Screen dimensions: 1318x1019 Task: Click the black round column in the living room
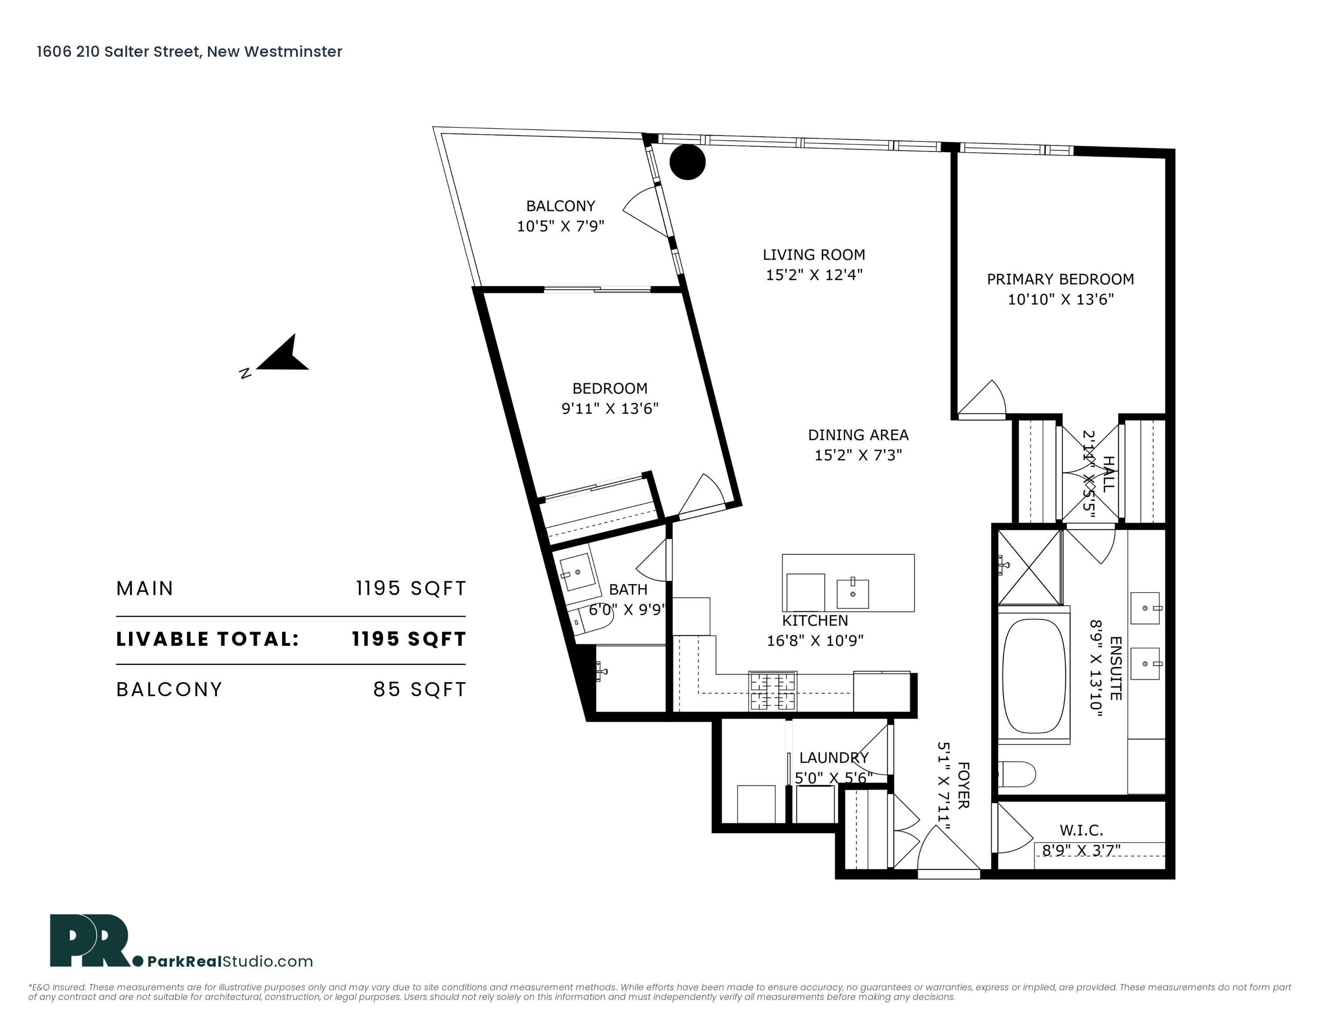click(688, 162)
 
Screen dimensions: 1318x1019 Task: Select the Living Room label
click(814, 255)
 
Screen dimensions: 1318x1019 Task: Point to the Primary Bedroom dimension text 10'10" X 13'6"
click(1060, 299)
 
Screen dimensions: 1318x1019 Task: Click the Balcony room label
click(561, 206)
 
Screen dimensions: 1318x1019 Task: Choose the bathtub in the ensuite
click(1034, 675)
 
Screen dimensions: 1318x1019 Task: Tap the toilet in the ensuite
click(1016, 774)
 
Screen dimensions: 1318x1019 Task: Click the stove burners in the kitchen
click(773, 691)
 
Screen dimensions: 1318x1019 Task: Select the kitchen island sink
click(853, 594)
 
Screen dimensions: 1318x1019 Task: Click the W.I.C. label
click(1081, 830)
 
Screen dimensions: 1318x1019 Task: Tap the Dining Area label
click(858, 435)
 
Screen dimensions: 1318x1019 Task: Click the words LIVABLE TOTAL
click(208, 639)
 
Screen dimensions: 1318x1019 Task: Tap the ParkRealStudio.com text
click(230, 961)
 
